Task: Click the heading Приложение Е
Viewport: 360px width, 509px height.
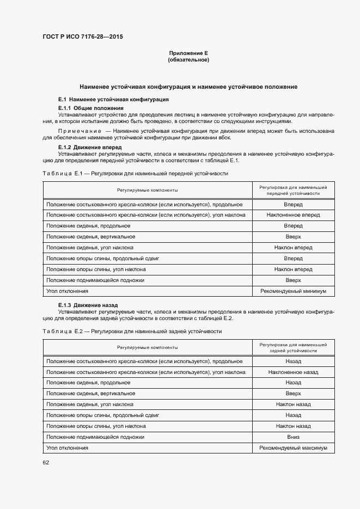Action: (x=188, y=53)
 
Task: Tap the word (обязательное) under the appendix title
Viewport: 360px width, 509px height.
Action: (x=188, y=60)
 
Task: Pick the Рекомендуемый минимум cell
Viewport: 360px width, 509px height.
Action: (x=293, y=291)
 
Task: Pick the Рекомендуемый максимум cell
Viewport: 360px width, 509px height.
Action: (x=293, y=447)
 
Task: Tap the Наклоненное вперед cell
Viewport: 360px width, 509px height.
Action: (x=293, y=215)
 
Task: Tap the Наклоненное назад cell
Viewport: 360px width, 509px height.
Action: (x=293, y=372)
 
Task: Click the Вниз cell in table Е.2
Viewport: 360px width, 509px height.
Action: (x=293, y=437)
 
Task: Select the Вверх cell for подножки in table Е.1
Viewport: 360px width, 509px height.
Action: (x=293, y=280)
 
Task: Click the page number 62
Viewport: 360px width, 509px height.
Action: (x=46, y=463)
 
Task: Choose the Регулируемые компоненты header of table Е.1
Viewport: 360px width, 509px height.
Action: (x=147, y=190)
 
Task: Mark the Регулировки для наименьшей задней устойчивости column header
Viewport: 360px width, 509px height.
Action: (x=293, y=348)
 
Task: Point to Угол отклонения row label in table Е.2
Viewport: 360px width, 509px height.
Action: (x=68, y=447)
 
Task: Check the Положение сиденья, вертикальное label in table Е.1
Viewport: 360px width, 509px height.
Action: (x=91, y=237)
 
